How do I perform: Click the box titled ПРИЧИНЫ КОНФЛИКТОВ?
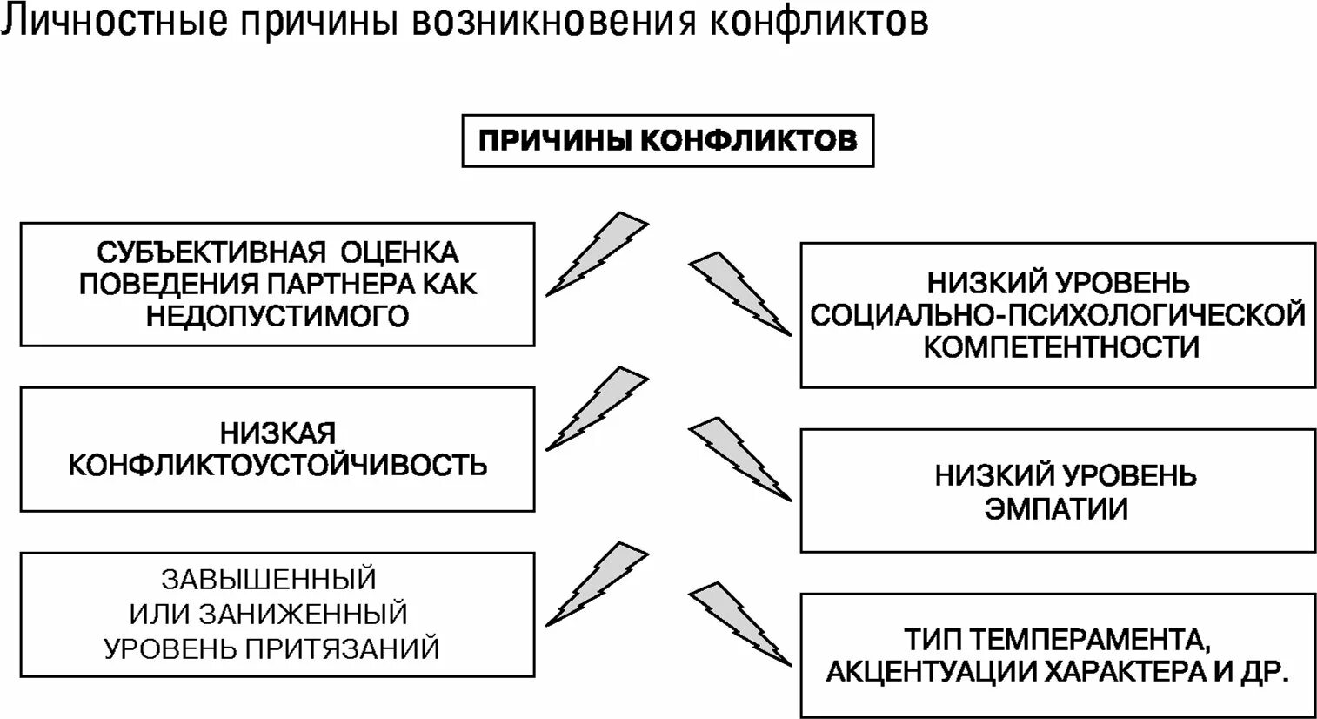click(x=667, y=140)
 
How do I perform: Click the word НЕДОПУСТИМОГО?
click(x=277, y=315)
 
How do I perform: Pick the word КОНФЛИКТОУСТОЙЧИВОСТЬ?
click(x=277, y=465)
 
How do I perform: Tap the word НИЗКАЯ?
click(x=277, y=433)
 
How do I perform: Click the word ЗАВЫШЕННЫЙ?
click(x=269, y=578)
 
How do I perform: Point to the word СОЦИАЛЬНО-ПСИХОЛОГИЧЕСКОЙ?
click(x=1058, y=314)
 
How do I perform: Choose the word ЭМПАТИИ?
click(x=1057, y=508)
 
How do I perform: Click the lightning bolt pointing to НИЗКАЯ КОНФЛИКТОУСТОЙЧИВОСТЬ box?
click(x=597, y=408)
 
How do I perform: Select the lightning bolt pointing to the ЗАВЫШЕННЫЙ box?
click(x=597, y=582)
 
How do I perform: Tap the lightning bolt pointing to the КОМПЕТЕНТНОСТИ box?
click(x=739, y=292)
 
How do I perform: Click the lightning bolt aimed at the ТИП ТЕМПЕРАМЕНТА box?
click(x=739, y=624)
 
